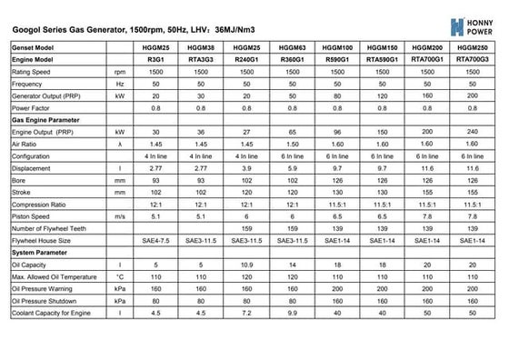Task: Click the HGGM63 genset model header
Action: (x=291, y=46)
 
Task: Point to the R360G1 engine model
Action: (x=291, y=58)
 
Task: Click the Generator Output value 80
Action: (x=338, y=95)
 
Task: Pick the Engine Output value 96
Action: (x=338, y=132)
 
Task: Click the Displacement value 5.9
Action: (x=291, y=169)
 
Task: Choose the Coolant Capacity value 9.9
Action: (x=291, y=312)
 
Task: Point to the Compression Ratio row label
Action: (x=39, y=205)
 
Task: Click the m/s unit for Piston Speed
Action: (x=120, y=216)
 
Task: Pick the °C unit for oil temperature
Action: (x=120, y=275)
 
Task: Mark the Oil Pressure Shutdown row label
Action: (x=45, y=299)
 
